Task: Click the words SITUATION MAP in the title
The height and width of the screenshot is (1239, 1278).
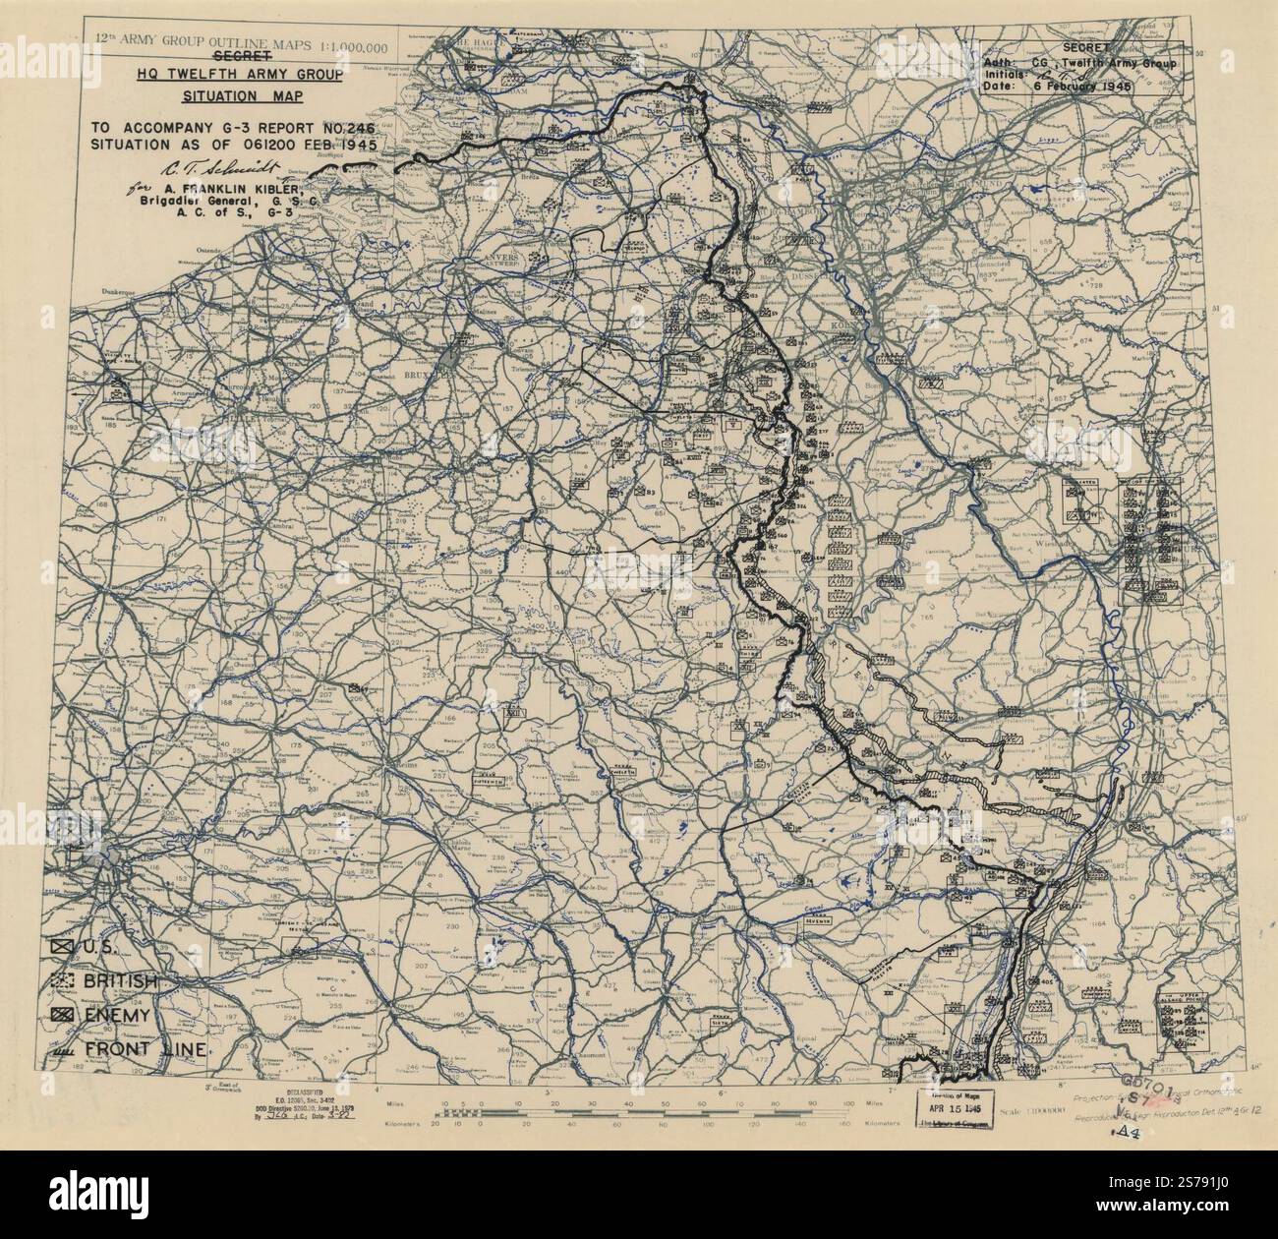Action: pos(243,95)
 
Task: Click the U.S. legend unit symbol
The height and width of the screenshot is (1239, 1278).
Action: pos(65,947)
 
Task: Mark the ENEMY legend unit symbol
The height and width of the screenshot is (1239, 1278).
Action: pos(65,1014)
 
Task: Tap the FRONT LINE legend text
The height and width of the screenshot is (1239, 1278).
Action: pos(145,1048)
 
